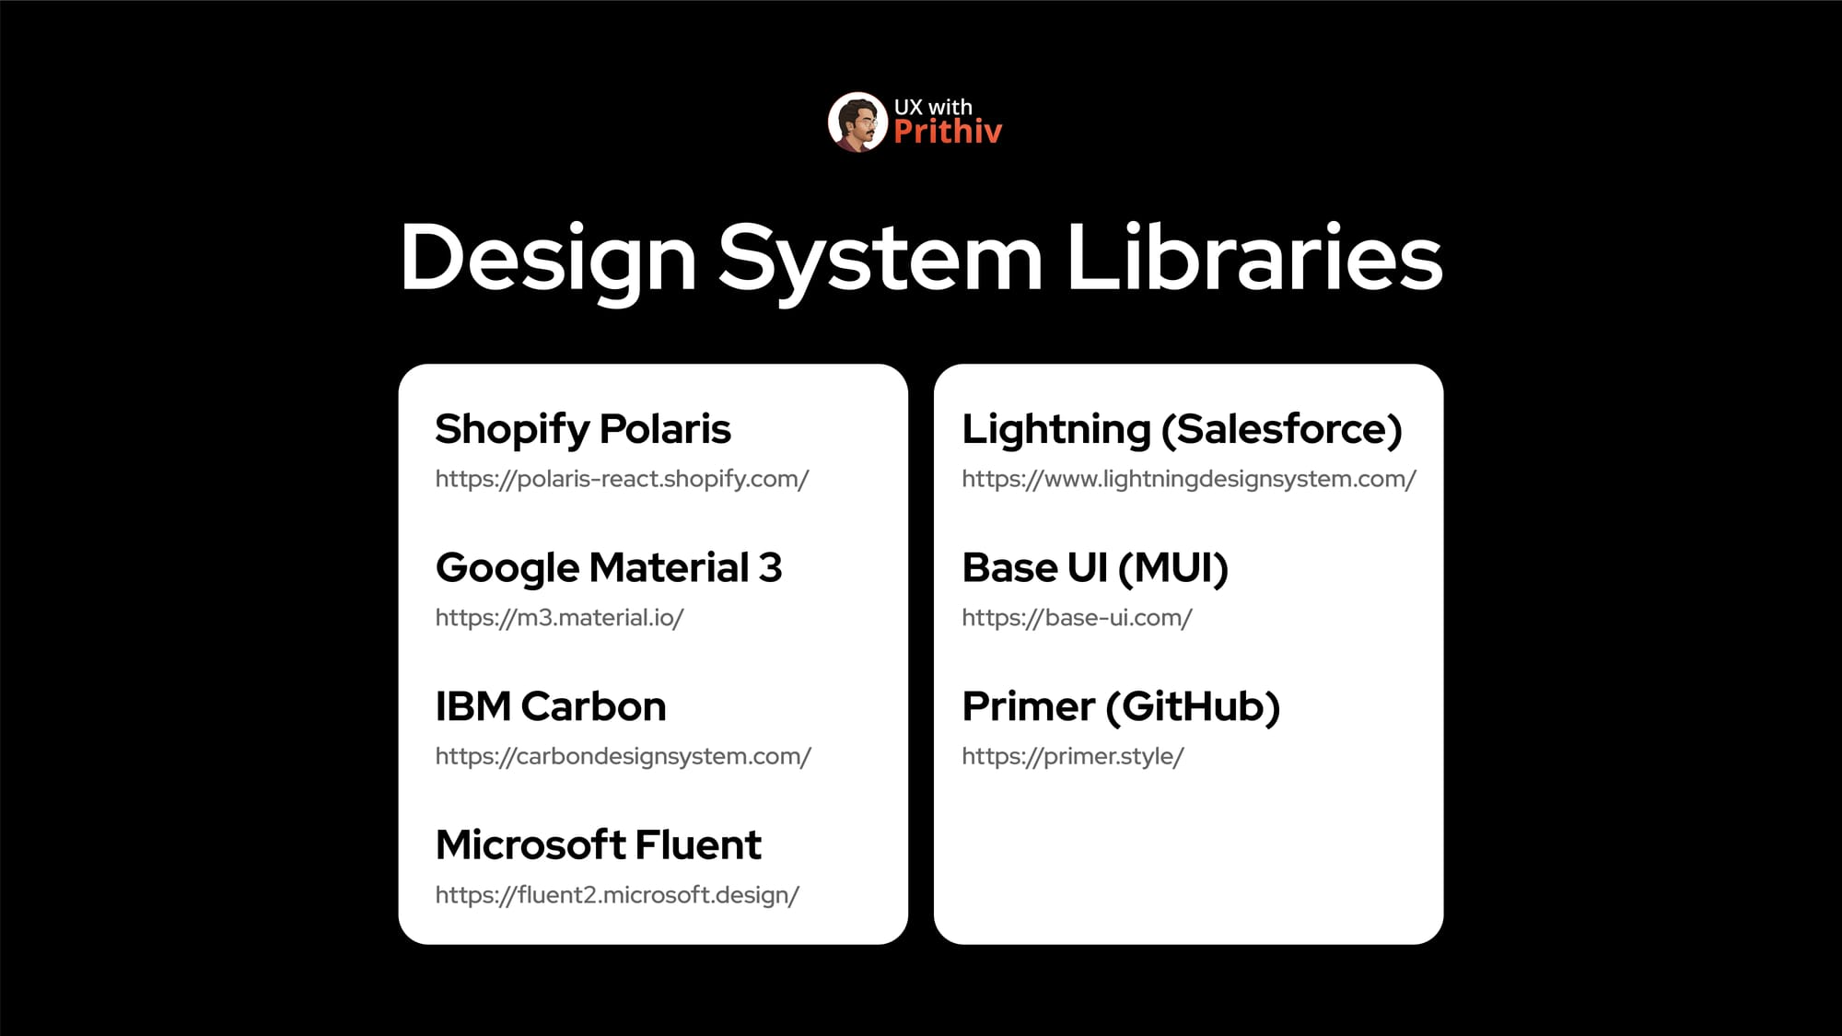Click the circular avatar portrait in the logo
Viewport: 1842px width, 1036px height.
click(x=857, y=122)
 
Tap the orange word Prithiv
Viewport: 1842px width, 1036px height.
click(x=948, y=132)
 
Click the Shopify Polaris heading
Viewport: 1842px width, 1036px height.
click(x=583, y=430)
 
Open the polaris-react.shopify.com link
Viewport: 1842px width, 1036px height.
click(x=622, y=479)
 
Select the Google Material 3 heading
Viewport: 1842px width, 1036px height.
click(x=609, y=568)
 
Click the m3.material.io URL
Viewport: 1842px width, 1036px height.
click(x=559, y=618)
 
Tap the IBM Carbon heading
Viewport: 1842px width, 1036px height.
click(x=551, y=706)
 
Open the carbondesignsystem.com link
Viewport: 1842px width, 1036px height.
click(x=624, y=757)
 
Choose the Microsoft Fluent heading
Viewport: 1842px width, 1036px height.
click(x=599, y=844)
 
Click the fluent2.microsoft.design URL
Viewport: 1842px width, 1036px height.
click(x=617, y=895)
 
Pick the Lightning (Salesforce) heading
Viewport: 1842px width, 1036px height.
click(x=1182, y=430)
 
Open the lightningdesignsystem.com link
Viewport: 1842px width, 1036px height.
click(x=1189, y=479)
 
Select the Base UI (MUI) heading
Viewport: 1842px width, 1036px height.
click(x=1095, y=568)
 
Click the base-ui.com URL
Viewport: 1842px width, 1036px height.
click(x=1077, y=618)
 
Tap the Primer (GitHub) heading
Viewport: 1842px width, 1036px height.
click(x=1121, y=707)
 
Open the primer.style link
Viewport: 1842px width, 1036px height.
click(x=1073, y=757)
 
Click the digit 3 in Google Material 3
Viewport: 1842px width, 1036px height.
click(x=771, y=567)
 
